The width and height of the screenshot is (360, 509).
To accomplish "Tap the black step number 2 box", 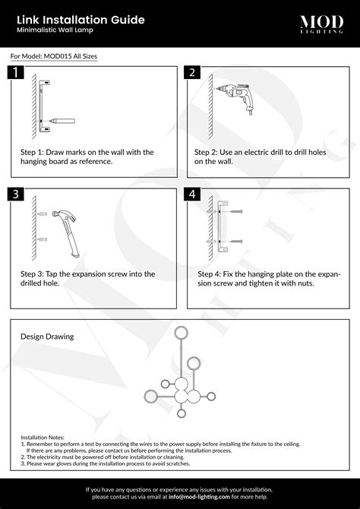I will [x=193, y=73].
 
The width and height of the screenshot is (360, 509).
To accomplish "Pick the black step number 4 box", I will [x=193, y=194].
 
